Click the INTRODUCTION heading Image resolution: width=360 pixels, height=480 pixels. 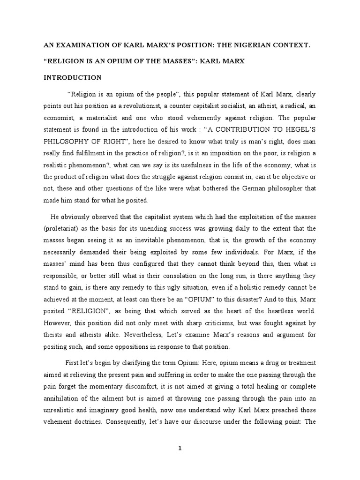pyautogui.click(x=72, y=77)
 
